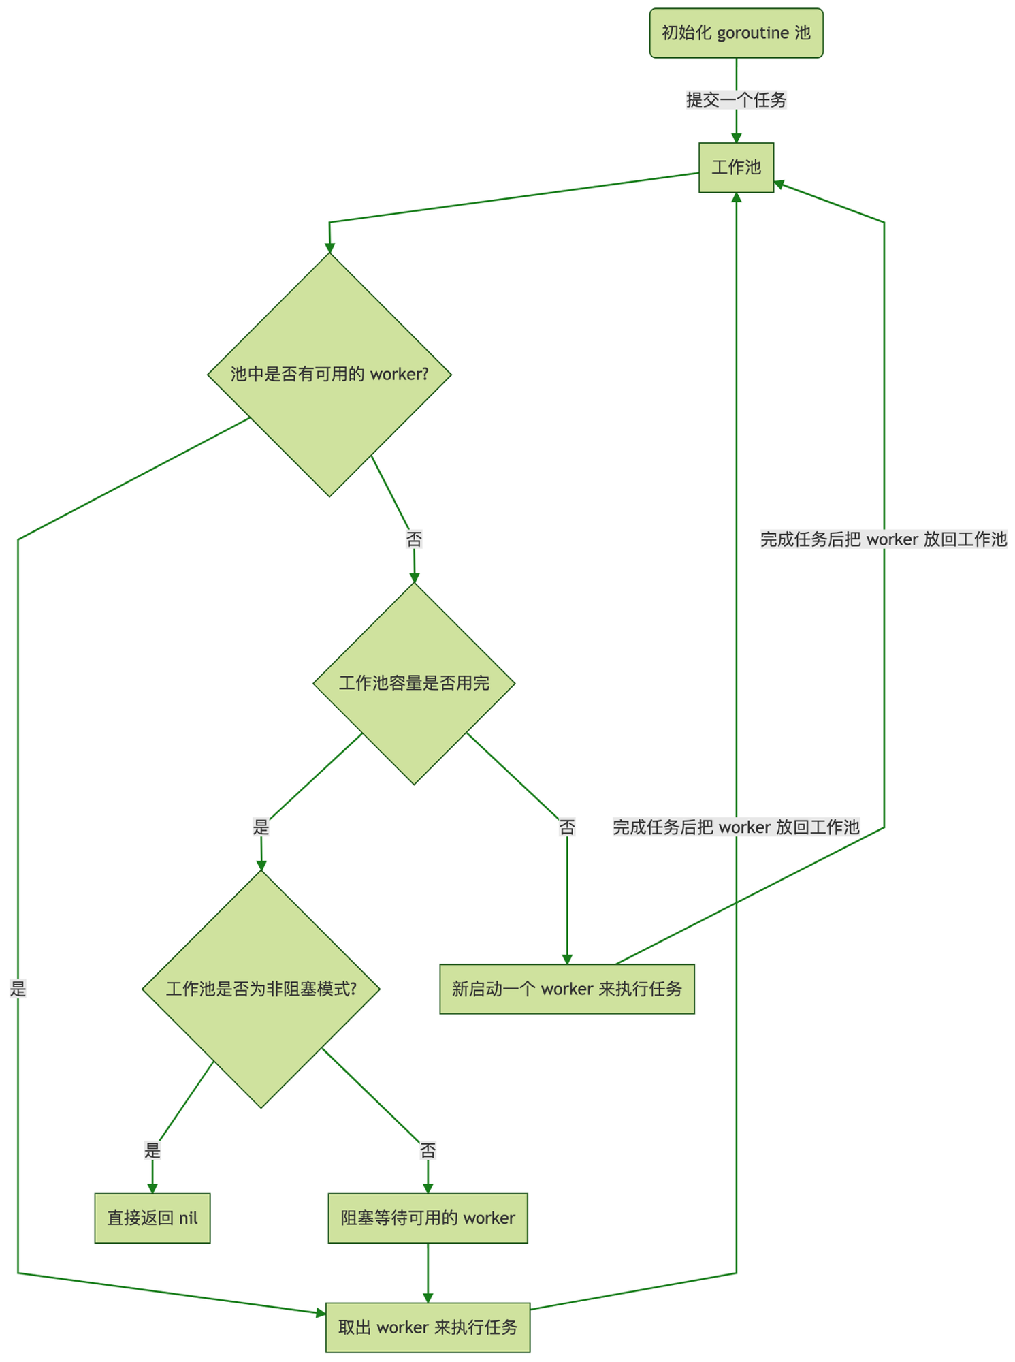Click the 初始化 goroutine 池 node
pos(736,33)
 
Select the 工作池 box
pos(736,168)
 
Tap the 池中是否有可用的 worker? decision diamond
pos(329,375)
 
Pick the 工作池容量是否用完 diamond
pos(414,683)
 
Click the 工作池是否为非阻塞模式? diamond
pos(261,989)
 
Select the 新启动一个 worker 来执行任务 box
pos(567,989)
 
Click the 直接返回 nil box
pos(152,1218)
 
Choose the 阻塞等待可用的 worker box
pos(428,1218)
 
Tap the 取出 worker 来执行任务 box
pos(428,1327)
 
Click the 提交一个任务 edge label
pos(736,100)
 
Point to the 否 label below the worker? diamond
pos(414,540)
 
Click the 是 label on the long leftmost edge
pos(18,989)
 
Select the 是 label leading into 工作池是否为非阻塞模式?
pos(261,827)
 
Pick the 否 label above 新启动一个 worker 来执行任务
pos(567,827)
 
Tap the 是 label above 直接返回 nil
pos(152,1151)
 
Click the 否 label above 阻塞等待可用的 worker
pos(428,1151)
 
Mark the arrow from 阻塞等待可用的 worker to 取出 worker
pos(428,1273)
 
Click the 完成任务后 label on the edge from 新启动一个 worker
pos(884,539)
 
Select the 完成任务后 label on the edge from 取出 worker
pos(736,827)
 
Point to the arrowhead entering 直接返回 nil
pos(152,1188)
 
